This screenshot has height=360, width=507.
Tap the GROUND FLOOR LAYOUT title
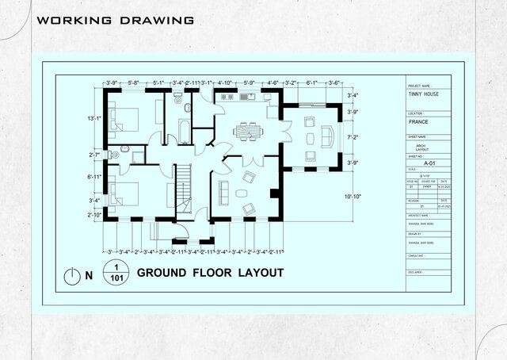210,273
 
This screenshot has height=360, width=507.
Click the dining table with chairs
247,129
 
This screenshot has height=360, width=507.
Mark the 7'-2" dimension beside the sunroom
353,137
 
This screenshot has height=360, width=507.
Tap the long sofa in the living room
222,192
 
